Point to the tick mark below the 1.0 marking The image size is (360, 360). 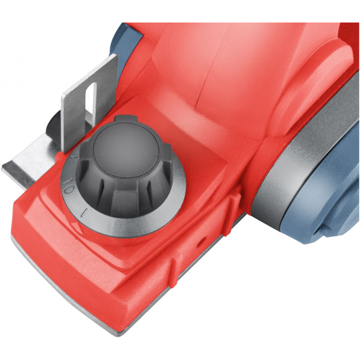pyautogui.click(x=84, y=212)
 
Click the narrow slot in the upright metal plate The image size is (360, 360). pyautogui.click(x=91, y=101)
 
